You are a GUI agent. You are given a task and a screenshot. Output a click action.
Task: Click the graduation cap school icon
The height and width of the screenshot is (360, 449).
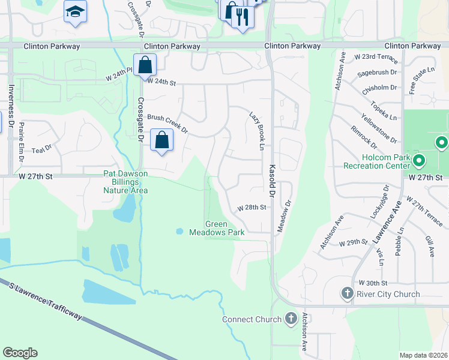76,12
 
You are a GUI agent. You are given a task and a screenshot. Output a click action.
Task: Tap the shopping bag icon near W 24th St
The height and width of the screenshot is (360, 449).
145,64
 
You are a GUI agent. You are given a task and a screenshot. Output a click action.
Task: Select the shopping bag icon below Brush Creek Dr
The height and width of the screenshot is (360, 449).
162,140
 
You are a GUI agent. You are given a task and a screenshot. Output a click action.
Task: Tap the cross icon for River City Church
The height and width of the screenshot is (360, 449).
347,293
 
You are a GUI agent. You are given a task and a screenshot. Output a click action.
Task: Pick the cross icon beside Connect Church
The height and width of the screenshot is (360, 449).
291,319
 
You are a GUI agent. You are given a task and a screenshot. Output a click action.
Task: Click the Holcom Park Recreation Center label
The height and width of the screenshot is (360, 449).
376,161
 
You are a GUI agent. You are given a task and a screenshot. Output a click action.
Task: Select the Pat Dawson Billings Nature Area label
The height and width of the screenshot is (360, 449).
124,182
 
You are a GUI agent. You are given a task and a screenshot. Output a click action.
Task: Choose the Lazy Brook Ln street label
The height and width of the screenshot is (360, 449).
258,130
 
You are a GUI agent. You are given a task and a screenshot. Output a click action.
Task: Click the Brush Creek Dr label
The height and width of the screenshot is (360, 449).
167,124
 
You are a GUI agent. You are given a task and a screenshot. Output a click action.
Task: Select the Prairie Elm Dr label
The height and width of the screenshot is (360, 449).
21,142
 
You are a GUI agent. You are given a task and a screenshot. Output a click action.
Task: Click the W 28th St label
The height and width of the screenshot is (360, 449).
252,208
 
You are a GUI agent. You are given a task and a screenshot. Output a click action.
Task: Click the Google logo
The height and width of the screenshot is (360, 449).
20,352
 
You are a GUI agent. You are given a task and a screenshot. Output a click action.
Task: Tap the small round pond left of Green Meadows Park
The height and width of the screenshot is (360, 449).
179,231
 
